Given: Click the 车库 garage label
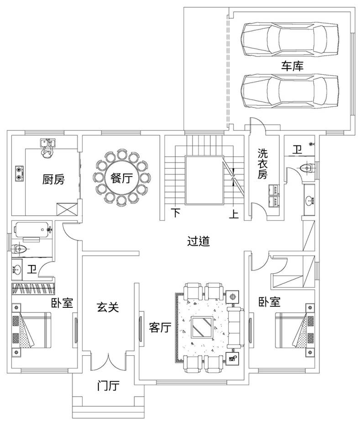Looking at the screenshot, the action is tap(292, 66).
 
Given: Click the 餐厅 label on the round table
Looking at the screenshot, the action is tap(121, 178).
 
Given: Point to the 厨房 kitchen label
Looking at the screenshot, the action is tap(53, 179).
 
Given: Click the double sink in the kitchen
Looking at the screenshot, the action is tap(47, 143).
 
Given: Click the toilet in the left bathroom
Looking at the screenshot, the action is tap(20, 248).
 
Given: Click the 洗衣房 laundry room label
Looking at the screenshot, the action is tap(262, 164).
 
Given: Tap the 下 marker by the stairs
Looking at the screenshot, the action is tap(176, 213).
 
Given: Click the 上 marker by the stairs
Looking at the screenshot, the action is tap(234, 213).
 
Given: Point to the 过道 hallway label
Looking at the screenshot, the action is tap(198, 241).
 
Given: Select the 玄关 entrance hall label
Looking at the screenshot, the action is tap(108, 307).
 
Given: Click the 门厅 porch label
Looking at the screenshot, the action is tap(108, 386).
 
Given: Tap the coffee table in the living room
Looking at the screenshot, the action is tap(202, 327).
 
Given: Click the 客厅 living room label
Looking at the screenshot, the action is tap(160, 328).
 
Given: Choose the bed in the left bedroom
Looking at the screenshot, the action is tap(31, 330).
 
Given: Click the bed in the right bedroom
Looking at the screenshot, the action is tap(295, 330).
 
